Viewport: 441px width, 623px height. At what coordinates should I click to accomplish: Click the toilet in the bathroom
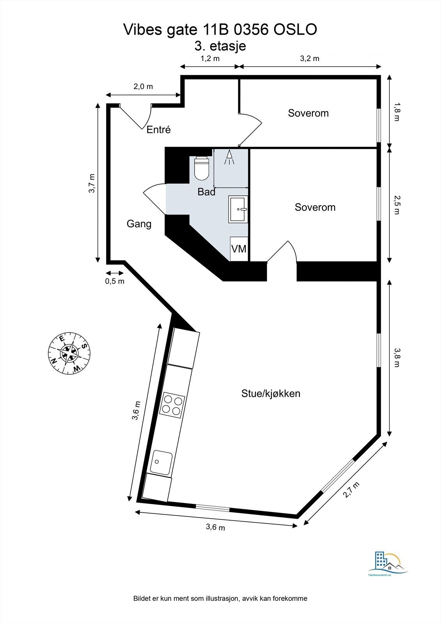pyautogui.click(x=201, y=169)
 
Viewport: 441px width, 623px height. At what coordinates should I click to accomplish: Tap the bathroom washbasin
pyautogui.click(x=238, y=209)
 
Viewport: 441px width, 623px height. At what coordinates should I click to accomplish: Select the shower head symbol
pyautogui.click(x=229, y=157)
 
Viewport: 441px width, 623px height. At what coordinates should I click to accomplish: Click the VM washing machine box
pyautogui.click(x=239, y=248)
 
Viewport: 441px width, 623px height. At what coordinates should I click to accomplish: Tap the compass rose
pyautogui.click(x=69, y=352)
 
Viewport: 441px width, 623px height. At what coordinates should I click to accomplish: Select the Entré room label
pyautogui.click(x=159, y=130)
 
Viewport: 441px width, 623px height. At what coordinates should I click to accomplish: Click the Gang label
pyautogui.click(x=139, y=224)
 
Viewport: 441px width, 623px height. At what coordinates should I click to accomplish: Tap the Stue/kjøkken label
pyautogui.click(x=271, y=393)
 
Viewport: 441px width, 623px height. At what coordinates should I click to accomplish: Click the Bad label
pyautogui.click(x=206, y=192)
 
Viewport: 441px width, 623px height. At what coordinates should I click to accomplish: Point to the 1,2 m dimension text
pyautogui.click(x=210, y=58)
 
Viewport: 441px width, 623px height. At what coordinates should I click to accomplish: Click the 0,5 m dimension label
pyautogui.click(x=115, y=281)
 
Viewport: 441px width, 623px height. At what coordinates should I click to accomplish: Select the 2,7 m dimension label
pyautogui.click(x=351, y=489)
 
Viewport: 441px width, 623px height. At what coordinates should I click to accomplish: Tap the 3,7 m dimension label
pyautogui.click(x=91, y=183)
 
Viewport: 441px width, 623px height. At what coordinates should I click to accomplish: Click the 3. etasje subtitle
pyautogui.click(x=220, y=46)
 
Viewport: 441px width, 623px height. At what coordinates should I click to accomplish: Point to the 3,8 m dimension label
pyautogui.click(x=397, y=357)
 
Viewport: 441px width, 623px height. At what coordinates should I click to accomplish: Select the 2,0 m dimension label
pyautogui.click(x=143, y=86)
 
